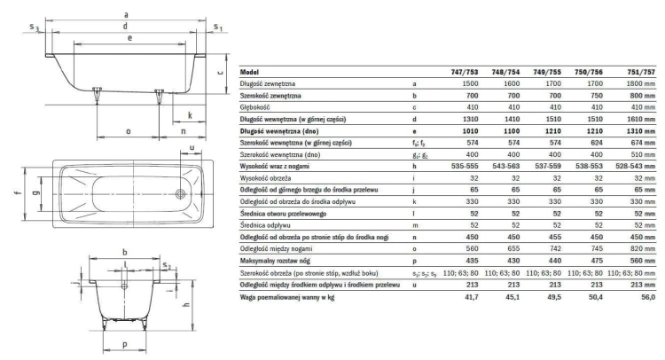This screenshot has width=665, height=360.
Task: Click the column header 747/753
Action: [x=465, y=72]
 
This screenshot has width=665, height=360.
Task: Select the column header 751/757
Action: [x=641, y=72]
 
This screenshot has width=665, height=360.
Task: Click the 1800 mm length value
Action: [x=641, y=84]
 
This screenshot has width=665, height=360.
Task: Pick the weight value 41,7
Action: [x=471, y=297]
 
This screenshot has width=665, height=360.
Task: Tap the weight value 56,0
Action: [x=648, y=297]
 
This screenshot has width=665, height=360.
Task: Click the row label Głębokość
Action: [x=254, y=107]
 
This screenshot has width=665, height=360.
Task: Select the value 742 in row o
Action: [x=554, y=249]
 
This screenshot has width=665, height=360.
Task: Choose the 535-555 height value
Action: [x=465, y=166]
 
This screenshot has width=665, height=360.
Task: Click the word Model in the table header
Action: [x=249, y=72]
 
